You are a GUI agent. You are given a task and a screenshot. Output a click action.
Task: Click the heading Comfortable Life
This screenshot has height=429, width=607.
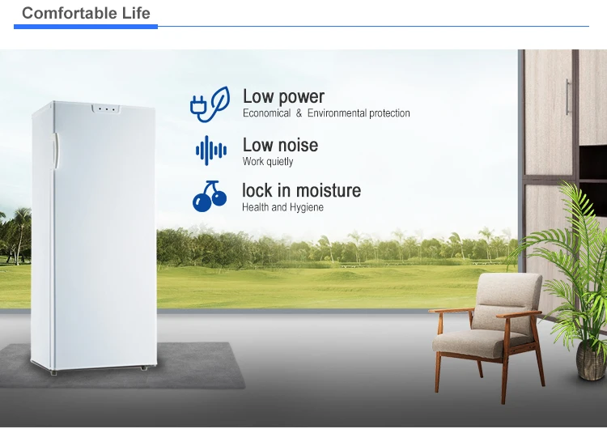(x=86, y=13)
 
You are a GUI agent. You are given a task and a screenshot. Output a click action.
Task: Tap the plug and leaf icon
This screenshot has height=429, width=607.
(x=210, y=104)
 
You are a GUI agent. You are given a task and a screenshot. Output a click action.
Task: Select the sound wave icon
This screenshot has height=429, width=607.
(x=211, y=151)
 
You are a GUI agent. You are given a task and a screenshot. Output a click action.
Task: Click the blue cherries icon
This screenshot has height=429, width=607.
(x=210, y=197)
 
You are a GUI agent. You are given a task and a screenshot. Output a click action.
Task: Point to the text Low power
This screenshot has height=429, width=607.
(x=283, y=97)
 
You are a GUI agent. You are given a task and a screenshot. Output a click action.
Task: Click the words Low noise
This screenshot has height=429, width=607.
(x=280, y=145)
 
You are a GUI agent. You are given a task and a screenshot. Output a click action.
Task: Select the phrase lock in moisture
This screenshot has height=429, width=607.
(x=302, y=190)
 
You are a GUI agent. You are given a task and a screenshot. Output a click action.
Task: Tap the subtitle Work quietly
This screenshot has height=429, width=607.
(x=268, y=161)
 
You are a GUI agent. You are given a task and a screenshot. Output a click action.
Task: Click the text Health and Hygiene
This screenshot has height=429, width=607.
(x=282, y=207)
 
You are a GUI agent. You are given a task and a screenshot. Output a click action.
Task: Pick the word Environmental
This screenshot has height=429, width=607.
(x=337, y=113)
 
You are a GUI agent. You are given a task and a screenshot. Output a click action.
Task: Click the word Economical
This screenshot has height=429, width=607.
(x=267, y=113)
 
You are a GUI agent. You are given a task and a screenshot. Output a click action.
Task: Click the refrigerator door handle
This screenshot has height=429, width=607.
(x=55, y=151)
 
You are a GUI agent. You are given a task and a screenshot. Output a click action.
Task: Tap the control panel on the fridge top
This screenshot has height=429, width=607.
(x=106, y=108)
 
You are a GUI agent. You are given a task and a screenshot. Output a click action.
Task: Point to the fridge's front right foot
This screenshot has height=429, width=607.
(x=144, y=367)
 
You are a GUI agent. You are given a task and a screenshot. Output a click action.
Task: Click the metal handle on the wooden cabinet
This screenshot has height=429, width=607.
(x=568, y=97)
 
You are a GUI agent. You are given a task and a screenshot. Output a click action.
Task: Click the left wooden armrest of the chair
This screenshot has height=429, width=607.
(x=451, y=310)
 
